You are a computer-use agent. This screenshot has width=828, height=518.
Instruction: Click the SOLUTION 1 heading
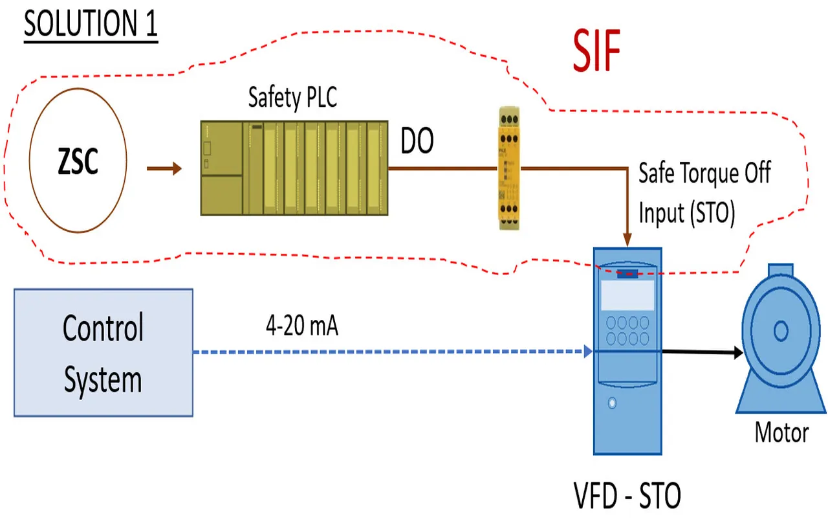pyautogui.click(x=91, y=25)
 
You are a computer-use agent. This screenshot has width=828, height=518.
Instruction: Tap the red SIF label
pyautogui.click(x=596, y=52)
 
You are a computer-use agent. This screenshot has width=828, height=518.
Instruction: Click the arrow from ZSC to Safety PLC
pyautogui.click(x=164, y=169)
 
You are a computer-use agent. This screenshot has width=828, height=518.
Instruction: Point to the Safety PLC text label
pyautogui.click(x=292, y=98)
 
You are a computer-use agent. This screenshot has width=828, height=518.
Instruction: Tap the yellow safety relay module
pyautogui.click(x=508, y=169)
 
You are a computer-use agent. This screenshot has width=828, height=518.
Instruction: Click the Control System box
pyautogui.click(x=103, y=352)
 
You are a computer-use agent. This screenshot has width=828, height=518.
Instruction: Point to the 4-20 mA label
pyautogui.click(x=301, y=326)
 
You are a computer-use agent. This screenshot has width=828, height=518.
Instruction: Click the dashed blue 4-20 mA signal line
pyautogui.click(x=388, y=352)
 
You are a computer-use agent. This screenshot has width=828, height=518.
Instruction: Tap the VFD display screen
pyautogui.click(x=627, y=295)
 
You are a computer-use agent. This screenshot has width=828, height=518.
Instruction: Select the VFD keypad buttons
pyautogui.click(x=627, y=330)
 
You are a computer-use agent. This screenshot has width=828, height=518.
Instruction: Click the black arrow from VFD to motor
pyautogui.click(x=702, y=352)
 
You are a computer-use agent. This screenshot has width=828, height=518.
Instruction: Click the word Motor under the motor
pyautogui.click(x=781, y=432)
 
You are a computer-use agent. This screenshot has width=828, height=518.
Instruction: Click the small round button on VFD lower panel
pyautogui.click(x=612, y=403)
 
